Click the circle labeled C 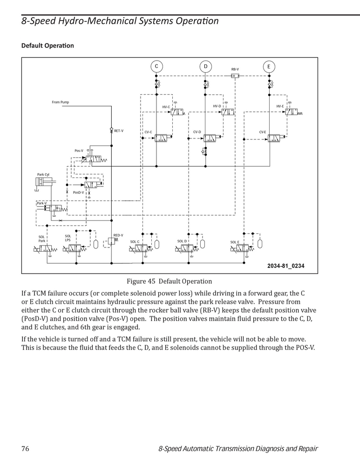pos(156,66)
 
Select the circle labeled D pos(205,66)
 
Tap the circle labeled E pos(269,67)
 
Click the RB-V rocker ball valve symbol pos(235,76)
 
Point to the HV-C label pos(166,107)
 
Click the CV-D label pos(197,132)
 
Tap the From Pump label pos(60,102)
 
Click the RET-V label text pos(119,131)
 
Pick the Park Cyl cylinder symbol pos(46,182)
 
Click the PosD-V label pos(78,192)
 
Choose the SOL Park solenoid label pos(41,239)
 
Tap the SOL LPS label pos(68,238)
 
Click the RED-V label pos(118,235)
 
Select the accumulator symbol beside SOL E pos(260,244)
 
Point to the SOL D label pos(182,241)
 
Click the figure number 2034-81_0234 pos(286,266)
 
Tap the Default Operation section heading pos(48,46)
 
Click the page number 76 pos(25,448)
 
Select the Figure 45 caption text pos(170,281)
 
